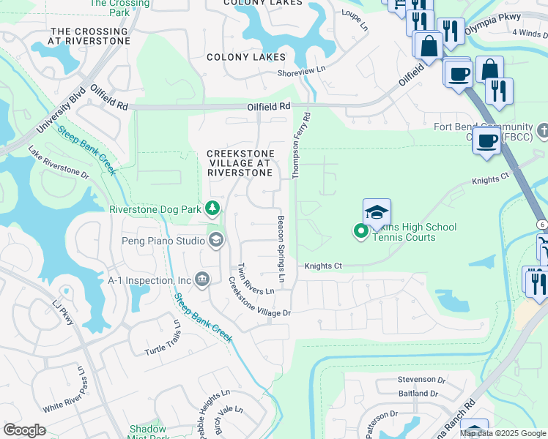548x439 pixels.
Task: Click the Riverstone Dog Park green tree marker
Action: tap(212, 209)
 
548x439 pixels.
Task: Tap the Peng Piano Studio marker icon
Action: tap(216, 240)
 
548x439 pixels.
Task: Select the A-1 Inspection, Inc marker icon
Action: tap(203, 279)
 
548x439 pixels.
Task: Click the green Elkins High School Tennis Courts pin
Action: tap(360, 232)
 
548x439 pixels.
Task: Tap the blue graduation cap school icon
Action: tap(377, 213)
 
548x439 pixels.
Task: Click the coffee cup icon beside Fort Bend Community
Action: tap(486, 140)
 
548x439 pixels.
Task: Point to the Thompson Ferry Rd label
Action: tap(301, 146)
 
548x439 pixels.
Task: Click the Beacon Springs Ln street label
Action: tap(281, 249)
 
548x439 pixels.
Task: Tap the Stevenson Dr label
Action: tap(421, 380)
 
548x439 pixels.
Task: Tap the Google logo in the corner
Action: tap(25, 430)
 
